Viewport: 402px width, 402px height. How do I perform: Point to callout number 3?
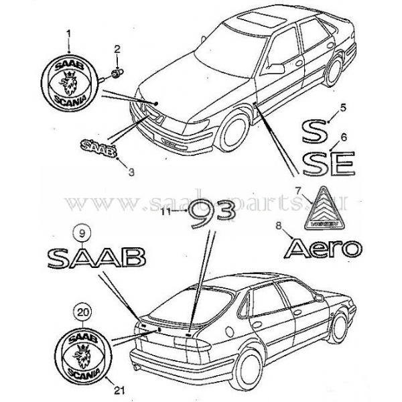tap(132, 172)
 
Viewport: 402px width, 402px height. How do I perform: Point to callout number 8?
tap(279, 228)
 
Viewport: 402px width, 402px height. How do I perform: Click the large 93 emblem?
tap(210, 214)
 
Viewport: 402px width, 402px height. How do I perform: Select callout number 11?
tap(167, 212)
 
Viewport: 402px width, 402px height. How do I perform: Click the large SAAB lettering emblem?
tap(96, 256)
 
